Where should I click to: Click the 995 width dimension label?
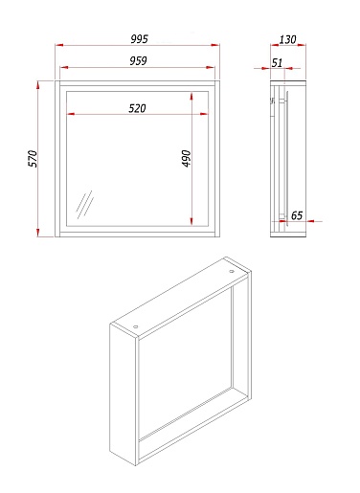click(x=140, y=39)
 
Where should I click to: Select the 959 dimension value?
click(x=138, y=61)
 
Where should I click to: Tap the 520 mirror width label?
click(x=137, y=108)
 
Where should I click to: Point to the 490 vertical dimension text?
click(x=186, y=158)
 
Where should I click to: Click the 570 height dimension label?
click(x=33, y=158)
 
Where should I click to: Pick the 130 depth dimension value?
click(x=288, y=40)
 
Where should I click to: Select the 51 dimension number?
click(x=277, y=63)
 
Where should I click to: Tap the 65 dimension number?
click(x=297, y=215)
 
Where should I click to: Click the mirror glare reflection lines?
click(x=84, y=205)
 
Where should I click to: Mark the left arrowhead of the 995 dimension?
click(x=59, y=45)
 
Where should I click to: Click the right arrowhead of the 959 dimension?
click(x=211, y=67)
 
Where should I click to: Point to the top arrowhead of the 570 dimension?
click(x=37, y=85)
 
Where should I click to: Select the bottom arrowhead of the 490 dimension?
click(x=191, y=221)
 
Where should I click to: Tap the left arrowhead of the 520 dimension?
click(x=71, y=114)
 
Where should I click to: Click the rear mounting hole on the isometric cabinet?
click(x=232, y=272)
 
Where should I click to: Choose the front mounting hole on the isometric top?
click(x=136, y=326)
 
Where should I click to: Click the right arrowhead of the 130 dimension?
click(x=302, y=45)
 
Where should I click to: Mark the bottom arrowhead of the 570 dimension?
click(x=37, y=233)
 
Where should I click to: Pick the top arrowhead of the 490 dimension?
click(x=191, y=96)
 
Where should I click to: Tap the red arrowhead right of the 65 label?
click(x=310, y=221)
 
